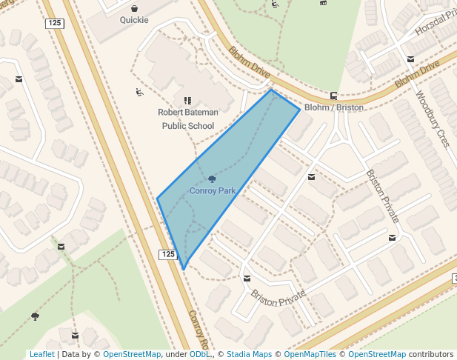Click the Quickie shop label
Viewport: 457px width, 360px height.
pyautogui.click(x=134, y=20)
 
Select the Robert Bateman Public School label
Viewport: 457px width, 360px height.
pyautogui.click(x=187, y=119)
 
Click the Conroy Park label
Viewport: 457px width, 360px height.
pyautogui.click(x=213, y=190)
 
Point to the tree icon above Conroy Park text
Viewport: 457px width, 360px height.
pyautogui.click(x=213, y=179)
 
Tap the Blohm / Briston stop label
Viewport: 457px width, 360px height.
pyautogui.click(x=334, y=107)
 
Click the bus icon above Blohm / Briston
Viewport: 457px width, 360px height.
pyautogui.click(x=334, y=95)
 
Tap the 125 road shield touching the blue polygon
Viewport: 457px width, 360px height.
pyautogui.click(x=168, y=254)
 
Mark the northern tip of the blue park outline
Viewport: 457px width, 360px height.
pyautogui.click(x=271, y=90)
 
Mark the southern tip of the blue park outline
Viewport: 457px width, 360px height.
pyautogui.click(x=183, y=269)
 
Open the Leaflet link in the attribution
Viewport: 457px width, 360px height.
pyautogui.click(x=41, y=354)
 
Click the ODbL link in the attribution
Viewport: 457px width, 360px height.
pyautogui.click(x=200, y=354)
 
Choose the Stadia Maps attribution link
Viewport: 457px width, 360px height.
pyautogui.click(x=249, y=354)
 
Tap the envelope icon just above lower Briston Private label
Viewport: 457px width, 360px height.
pyautogui.click(x=247, y=279)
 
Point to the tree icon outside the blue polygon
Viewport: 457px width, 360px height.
pyautogui.click(x=35, y=316)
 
